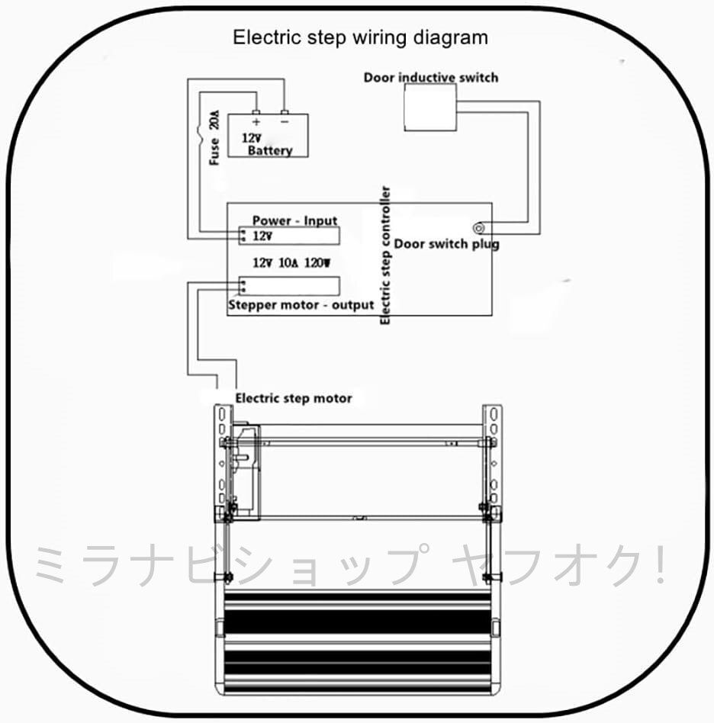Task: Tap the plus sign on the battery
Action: pyautogui.click(x=256, y=122)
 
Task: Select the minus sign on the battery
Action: pyautogui.click(x=285, y=122)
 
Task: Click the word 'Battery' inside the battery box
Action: pyautogui.click(x=270, y=150)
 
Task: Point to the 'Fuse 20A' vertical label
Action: pyautogui.click(x=214, y=137)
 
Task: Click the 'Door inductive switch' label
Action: pyautogui.click(x=431, y=78)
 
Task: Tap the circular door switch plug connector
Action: pyautogui.click(x=479, y=228)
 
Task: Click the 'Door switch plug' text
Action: pyautogui.click(x=446, y=244)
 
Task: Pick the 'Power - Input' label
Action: pyautogui.click(x=294, y=220)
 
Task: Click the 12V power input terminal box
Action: pyautogui.click(x=289, y=236)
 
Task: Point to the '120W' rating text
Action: pyautogui.click(x=317, y=263)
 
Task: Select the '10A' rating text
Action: pyautogui.click(x=288, y=263)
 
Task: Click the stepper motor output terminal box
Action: pyautogui.click(x=289, y=286)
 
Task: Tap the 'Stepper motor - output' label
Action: pyautogui.click(x=301, y=305)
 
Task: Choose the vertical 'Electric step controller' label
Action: pyautogui.click(x=385, y=255)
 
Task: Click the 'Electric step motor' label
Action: pyautogui.click(x=294, y=398)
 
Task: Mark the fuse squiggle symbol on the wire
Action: pyautogui.click(x=200, y=133)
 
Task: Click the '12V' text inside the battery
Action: pyautogui.click(x=252, y=138)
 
